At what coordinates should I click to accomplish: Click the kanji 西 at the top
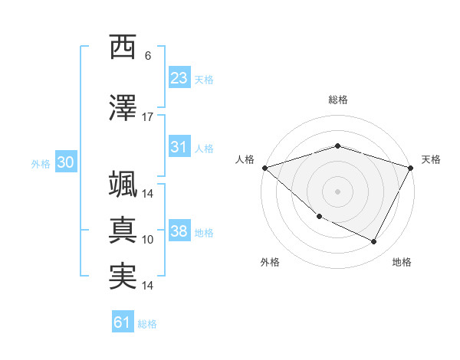123,47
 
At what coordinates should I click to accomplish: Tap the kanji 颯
123,185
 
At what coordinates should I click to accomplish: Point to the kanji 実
123,276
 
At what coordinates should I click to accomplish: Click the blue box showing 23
179,78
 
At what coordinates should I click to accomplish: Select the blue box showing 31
179,147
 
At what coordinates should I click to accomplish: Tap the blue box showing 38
179,231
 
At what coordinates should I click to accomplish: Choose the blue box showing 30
65,162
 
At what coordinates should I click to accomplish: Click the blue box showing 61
123,322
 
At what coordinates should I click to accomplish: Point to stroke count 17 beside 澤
148,117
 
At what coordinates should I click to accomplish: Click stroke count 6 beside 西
148,56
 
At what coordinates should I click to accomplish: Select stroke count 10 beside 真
148,240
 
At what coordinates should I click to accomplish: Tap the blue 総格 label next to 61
147,324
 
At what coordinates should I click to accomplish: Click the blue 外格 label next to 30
41,163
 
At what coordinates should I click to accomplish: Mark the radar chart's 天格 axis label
431,159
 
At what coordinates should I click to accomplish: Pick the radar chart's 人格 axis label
245,159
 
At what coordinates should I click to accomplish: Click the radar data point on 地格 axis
374,242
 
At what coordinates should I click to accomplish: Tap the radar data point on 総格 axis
337,146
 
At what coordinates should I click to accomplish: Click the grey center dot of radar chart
337,191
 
